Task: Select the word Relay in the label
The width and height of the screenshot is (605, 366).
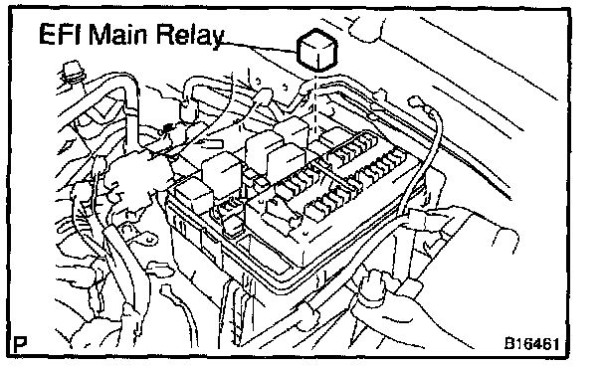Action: [190, 36]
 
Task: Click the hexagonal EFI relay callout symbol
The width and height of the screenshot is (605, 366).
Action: [317, 50]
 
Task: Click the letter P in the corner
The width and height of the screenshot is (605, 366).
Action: [21, 344]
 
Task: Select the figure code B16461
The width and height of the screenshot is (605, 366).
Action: [531, 343]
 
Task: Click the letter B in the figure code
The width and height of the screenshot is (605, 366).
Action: [509, 343]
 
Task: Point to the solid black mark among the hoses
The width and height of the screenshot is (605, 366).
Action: [167, 128]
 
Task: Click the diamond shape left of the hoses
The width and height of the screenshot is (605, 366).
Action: [67, 146]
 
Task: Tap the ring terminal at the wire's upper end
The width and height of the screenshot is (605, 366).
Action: [416, 102]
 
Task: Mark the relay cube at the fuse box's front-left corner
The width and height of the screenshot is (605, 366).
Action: [194, 197]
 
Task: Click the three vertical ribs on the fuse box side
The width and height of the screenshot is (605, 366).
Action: [180, 225]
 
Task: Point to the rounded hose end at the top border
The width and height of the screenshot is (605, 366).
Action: [366, 28]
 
